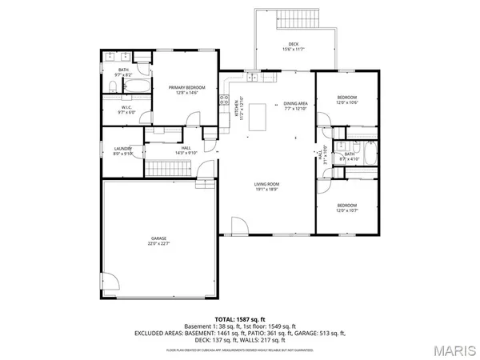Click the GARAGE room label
pos(157,240)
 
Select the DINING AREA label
pos(295,106)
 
